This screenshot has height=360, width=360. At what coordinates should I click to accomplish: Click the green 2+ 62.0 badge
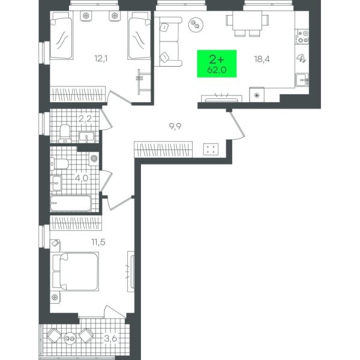[217, 64]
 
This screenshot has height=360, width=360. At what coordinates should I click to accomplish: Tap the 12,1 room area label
[101, 59]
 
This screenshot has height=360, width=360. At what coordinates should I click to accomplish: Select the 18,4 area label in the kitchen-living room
[262, 59]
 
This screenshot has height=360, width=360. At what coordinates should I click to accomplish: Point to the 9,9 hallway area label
[175, 126]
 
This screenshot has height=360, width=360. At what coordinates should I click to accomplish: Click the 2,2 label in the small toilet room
[85, 119]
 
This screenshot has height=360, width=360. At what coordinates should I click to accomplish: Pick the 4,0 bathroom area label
[82, 178]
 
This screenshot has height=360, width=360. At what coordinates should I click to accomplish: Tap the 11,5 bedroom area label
[98, 242]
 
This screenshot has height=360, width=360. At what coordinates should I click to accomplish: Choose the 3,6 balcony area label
[110, 338]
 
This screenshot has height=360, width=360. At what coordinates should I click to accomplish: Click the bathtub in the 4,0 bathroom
[71, 203]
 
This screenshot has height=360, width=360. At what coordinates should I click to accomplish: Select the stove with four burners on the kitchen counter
[302, 37]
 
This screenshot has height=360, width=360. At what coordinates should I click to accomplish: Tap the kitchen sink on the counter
[302, 80]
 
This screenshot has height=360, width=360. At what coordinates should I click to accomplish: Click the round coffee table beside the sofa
[196, 25]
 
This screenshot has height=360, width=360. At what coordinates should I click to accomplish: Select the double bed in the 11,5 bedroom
[76, 271]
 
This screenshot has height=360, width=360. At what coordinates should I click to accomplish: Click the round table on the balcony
[70, 338]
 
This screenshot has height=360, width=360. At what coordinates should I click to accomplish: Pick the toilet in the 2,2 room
[65, 133]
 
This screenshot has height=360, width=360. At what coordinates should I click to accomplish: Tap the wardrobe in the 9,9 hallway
[163, 149]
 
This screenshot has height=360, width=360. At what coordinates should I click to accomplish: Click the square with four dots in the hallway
[211, 149]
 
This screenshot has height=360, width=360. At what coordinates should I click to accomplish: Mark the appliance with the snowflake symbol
[257, 95]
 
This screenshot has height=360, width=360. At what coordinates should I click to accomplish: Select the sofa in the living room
[168, 42]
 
